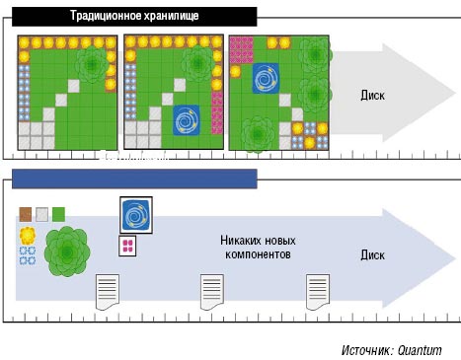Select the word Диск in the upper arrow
pos(372,96)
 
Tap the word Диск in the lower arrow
pos(372,253)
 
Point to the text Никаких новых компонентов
pos(256,247)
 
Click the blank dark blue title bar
pos(134,178)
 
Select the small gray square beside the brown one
pos(41,213)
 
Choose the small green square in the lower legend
pos(58,213)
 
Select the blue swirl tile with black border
pos(135,214)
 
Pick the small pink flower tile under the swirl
pos(127,246)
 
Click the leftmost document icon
pos(107,292)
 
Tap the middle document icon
pos(213,292)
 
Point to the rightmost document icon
pos(317,292)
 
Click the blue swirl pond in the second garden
pos(188,120)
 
